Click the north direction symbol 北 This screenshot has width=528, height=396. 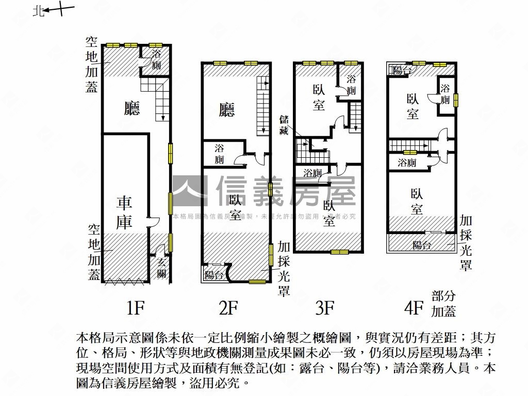[37, 10]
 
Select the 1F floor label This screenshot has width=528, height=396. [135, 308]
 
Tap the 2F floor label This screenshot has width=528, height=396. [228, 308]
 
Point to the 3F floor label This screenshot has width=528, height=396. [325, 308]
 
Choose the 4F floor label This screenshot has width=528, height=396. [414, 308]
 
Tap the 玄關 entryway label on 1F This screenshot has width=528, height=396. [161, 268]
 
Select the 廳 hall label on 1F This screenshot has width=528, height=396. [132, 108]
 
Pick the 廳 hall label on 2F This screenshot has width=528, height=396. [227, 109]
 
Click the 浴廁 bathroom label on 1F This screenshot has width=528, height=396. [156, 60]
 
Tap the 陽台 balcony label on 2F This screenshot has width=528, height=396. [214, 275]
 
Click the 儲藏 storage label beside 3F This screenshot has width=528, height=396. [284, 124]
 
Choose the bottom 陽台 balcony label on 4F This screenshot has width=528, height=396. [421, 245]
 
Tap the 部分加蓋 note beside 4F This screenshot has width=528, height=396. [443, 304]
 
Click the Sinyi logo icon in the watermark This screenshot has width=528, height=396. [189, 191]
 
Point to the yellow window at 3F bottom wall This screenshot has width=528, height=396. [340, 252]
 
